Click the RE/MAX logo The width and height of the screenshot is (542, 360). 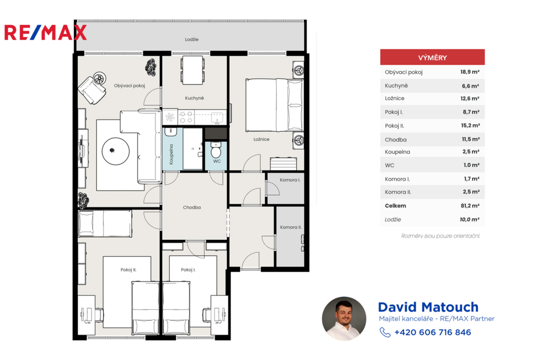pos(46,33)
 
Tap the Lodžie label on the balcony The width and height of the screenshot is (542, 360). pos(192,39)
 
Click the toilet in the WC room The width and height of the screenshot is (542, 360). pos(216,150)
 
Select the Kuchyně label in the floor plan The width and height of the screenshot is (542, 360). pos(194,98)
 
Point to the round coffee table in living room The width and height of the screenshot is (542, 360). pos(116,151)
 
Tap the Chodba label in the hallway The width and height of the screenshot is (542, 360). pos(192,208)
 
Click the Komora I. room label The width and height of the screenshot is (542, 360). pos(290,180)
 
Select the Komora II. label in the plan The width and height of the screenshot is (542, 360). pos(291,227)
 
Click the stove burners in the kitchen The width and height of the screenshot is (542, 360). pos(186,117)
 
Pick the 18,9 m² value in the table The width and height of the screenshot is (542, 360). pos(470,73)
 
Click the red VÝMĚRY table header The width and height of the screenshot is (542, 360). pos(432,57)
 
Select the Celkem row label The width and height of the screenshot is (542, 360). pos(395,206)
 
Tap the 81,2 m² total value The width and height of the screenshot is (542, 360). pos(470,206)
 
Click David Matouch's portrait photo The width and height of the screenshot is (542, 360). pos(344,319)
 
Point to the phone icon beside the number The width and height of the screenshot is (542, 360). pos(385,332)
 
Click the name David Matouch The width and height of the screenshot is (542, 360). pos(428,307)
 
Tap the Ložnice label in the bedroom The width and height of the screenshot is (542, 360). pos(261,139)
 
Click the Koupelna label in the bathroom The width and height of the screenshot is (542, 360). pos(171,154)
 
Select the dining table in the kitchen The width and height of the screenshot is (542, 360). pos(193,70)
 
